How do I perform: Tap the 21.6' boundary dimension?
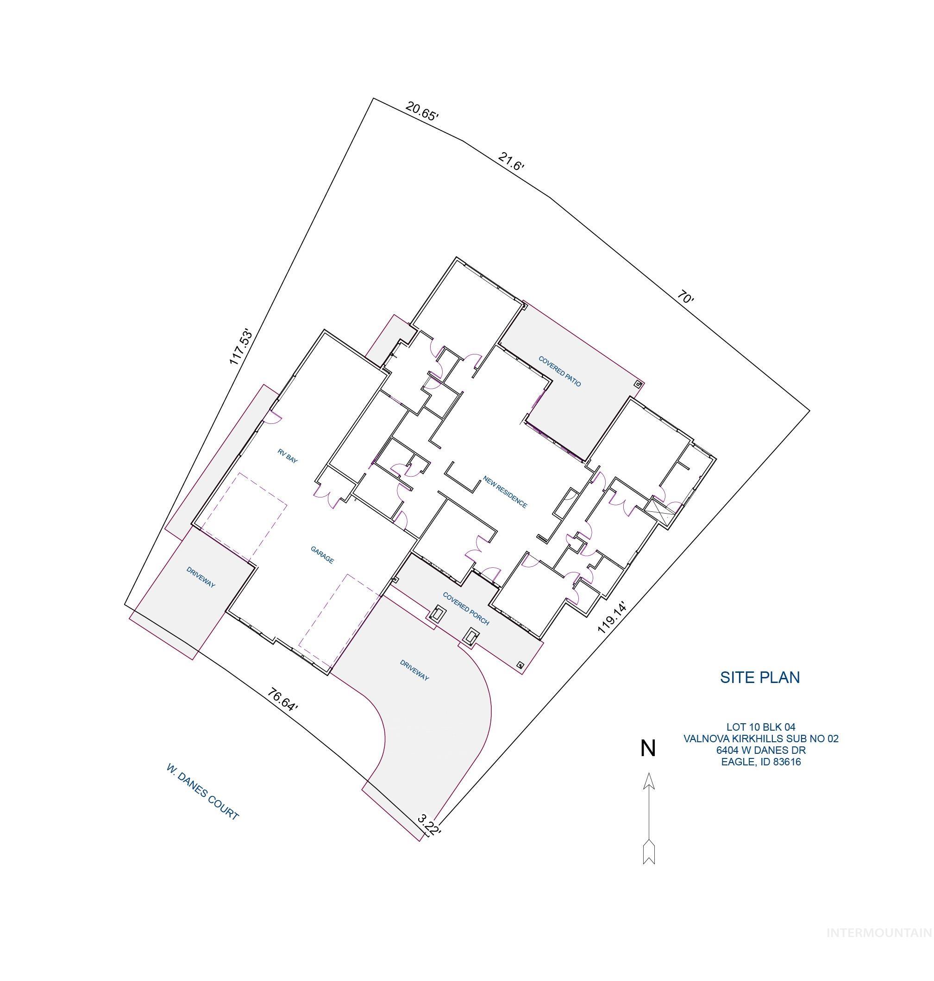pyautogui.click(x=511, y=162)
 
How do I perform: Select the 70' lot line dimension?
pyautogui.click(x=685, y=298)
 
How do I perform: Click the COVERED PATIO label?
pyautogui.click(x=559, y=371)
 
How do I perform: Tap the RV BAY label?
pyautogui.click(x=288, y=456)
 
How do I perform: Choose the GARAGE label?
pyautogui.click(x=322, y=555)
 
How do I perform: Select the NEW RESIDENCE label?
pyautogui.click(x=505, y=492)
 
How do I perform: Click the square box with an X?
pyautogui.click(x=658, y=511)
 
